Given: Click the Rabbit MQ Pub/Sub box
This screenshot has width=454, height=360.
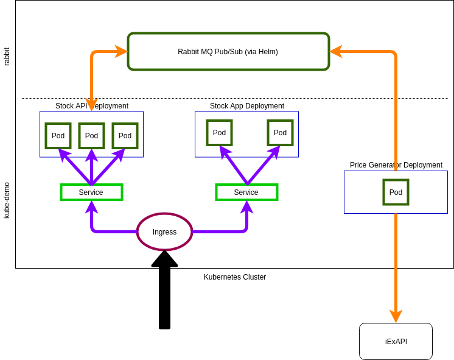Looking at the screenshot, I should click(x=228, y=52).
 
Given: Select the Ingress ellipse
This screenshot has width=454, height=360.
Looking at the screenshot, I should click(x=164, y=232).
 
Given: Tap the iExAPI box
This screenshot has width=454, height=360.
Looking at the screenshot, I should click(x=396, y=342).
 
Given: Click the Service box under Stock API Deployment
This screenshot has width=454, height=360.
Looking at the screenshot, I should click(x=91, y=192).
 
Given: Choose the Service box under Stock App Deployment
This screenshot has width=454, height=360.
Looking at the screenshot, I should click(x=246, y=192).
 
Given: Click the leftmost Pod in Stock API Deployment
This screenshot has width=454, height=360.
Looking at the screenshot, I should click(x=58, y=136).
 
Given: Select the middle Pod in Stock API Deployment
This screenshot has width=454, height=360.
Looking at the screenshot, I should click(x=91, y=136).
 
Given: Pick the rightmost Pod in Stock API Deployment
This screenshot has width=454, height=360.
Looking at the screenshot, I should click(x=125, y=136).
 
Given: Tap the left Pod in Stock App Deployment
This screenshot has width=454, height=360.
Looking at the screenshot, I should click(x=219, y=133).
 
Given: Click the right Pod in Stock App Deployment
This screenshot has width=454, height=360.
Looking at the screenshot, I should click(x=280, y=133).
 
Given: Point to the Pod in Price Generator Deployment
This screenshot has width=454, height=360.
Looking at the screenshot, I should click(x=396, y=192).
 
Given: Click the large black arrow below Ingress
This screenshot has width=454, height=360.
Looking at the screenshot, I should click(x=164, y=292).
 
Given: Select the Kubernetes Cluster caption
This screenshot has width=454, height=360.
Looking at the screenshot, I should click(x=235, y=277).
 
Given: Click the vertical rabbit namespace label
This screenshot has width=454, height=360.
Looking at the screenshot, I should click(x=7, y=57).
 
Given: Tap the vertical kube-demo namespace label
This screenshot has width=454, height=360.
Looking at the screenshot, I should click(x=7, y=200).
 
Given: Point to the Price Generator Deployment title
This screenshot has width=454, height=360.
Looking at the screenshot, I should click(x=396, y=165).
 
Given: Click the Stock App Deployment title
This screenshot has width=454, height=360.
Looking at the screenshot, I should click(x=246, y=106).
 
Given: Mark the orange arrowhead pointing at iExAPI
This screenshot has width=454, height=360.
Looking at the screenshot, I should click(x=396, y=316).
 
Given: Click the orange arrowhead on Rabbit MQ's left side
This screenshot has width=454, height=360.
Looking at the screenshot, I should click(x=120, y=52).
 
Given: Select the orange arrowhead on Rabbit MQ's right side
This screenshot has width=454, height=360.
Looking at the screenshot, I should click(x=336, y=52).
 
